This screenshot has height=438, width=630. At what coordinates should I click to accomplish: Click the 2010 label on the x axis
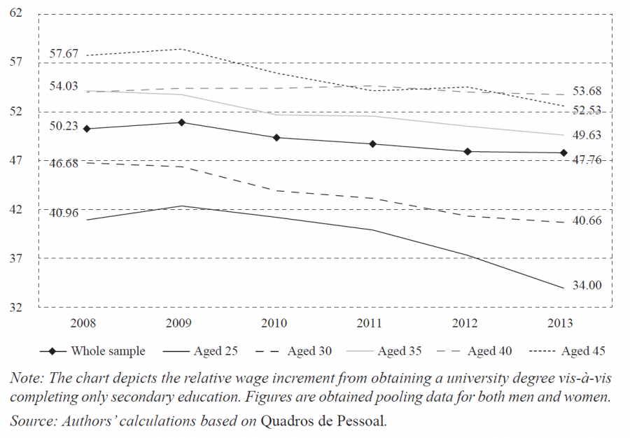pos(275,323)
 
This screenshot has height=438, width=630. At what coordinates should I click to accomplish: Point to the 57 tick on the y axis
pos(15,62)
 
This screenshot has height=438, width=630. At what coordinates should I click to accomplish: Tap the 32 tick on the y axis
pos(15,307)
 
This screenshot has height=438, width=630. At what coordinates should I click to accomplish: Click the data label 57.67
pos(64,53)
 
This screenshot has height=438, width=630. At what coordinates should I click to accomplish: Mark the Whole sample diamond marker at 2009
pos(181,122)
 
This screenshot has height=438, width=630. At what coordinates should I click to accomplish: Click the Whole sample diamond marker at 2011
pos(373,144)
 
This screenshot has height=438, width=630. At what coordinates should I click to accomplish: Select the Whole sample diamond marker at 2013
pos(563,153)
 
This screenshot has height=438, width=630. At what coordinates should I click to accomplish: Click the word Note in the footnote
pos(25,378)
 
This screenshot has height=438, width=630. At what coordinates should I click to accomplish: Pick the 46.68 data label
pos(64,162)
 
